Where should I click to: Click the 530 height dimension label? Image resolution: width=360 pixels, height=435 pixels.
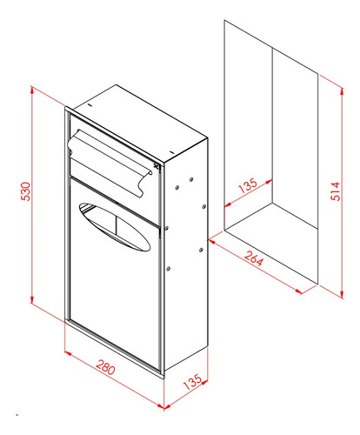coord(26,191)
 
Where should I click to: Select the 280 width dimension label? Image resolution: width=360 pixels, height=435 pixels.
coord(105,367)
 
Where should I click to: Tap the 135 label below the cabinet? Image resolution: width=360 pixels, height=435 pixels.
coord(192,382)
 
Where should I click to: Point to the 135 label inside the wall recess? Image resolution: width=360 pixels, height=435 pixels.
coord(248,185)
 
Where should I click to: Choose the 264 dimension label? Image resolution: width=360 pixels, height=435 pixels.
coord(254,258)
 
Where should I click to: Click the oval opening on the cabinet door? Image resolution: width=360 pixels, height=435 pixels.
coord(115,226)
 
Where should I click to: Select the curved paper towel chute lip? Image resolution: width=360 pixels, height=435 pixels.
coord(110,164)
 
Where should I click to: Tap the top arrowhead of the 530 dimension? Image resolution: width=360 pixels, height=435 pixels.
coord(32,90)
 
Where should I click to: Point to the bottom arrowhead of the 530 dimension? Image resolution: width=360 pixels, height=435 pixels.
coord(32,298)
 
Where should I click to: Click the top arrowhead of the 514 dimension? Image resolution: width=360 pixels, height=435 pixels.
coord(343,92)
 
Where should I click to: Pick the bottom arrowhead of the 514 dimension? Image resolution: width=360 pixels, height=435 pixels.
coord(343,294)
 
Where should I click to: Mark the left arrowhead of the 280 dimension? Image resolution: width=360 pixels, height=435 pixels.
coord(68,353)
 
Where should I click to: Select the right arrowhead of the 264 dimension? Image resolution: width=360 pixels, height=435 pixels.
coord(298,291)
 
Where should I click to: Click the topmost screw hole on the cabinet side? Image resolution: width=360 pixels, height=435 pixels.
coord(191,180)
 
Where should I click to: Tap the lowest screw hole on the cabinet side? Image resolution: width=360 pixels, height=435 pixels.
coord(169,269)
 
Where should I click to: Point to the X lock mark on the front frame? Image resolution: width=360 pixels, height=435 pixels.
coord(157,166)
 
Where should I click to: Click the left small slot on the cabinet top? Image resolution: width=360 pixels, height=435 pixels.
coord(90,105)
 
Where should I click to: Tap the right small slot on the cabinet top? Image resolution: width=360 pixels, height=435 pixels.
coord(171,151)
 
